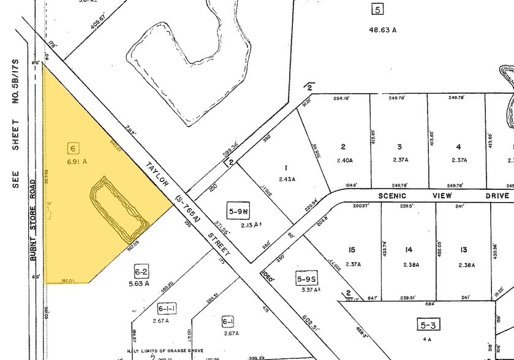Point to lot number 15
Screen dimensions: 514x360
coord(351,250)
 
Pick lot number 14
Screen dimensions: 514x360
coord(408,249)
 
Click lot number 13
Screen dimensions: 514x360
coord(464,249)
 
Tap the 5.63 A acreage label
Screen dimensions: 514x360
coord(142,283)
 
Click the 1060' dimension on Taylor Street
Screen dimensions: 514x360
coord(268,272)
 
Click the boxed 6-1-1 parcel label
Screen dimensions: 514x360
coord(167,309)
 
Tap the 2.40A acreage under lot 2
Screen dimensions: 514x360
coord(346,160)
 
